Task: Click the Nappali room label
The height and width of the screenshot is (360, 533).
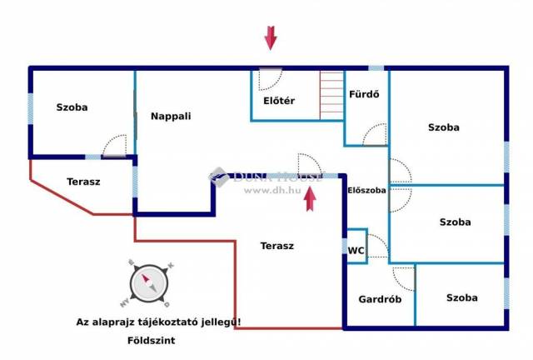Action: coord(171,117)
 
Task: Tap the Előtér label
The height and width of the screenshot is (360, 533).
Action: coord(279,101)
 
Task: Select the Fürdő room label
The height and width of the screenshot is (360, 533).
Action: coord(364,94)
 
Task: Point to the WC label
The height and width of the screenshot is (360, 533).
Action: coord(356,251)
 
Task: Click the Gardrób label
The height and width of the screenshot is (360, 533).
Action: coord(380,299)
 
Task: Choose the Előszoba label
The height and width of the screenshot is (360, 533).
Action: coord(366,190)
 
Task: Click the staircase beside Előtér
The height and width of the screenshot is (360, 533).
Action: coord(331,95)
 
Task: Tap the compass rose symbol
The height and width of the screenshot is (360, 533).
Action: coord(149,284)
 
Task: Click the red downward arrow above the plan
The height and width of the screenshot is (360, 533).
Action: coord(271,38)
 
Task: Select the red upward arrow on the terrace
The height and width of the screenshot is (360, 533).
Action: coord(310,199)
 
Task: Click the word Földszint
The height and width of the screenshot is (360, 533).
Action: coord(152,340)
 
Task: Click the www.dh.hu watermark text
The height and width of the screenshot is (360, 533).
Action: coord(272,190)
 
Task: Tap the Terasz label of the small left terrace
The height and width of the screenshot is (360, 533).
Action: coord(83,182)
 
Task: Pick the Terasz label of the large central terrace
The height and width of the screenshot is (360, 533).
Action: coord(277,246)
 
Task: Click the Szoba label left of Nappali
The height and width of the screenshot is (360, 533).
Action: coord(72,107)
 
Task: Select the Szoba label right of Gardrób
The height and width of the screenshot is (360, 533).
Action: coord(461,298)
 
